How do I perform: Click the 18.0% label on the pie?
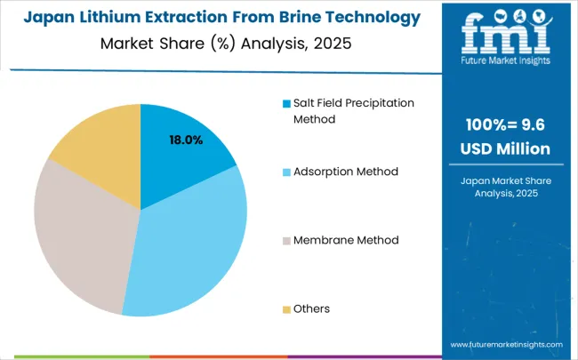pyautogui.click(x=187, y=140)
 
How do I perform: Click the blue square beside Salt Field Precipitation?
pyautogui.click(x=286, y=103)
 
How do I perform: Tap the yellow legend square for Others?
pyautogui.click(x=286, y=309)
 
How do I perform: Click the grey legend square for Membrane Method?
pyautogui.click(x=286, y=241)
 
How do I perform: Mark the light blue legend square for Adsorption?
pyautogui.click(x=286, y=172)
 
